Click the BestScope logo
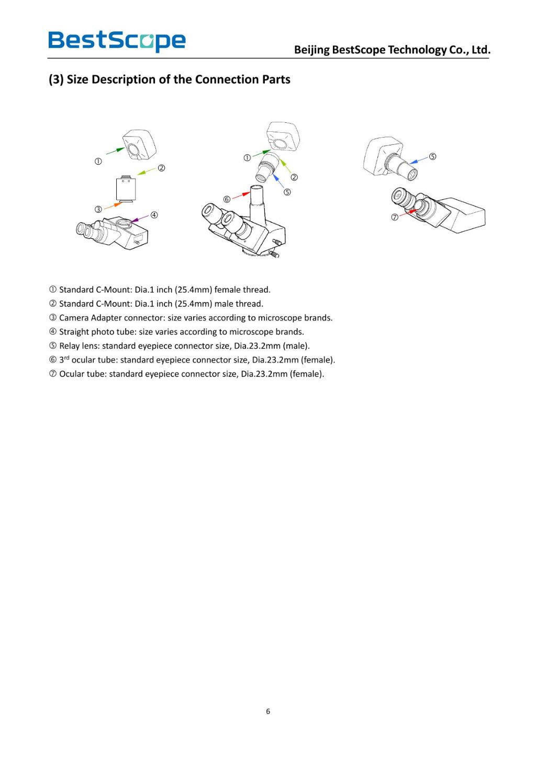[x=117, y=41]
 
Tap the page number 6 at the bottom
[x=268, y=711]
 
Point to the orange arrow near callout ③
[x=113, y=206]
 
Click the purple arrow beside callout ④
[x=140, y=218]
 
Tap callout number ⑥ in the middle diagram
[x=227, y=199]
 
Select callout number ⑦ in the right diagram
[x=395, y=217]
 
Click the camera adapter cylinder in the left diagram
[x=126, y=189]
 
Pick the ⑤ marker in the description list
[x=53, y=346]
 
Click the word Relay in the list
[x=70, y=346]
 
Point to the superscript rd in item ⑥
[x=66, y=358]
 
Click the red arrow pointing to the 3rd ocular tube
[x=241, y=196]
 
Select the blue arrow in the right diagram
[x=419, y=160]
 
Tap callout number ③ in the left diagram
[x=98, y=209]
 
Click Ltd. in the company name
[x=481, y=50]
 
